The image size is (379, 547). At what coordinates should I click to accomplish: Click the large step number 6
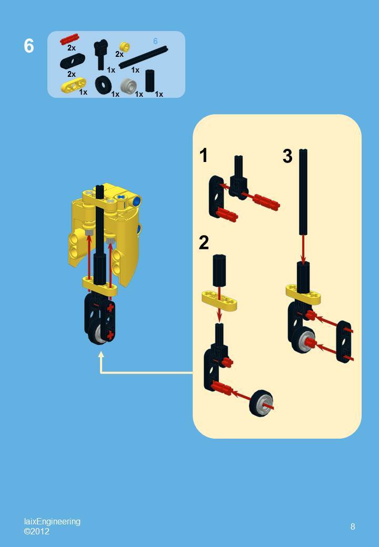click(29, 46)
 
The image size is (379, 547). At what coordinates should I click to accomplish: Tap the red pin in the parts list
click(69, 39)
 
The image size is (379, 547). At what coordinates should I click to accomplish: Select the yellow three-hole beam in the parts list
click(73, 85)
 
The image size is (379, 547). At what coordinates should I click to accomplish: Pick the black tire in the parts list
click(103, 85)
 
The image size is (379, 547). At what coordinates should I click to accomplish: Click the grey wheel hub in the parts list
click(128, 85)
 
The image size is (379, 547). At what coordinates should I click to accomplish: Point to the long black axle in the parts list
click(143, 57)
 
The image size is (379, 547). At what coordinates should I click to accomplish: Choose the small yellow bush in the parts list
click(125, 47)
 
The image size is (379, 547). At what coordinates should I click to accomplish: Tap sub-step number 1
click(204, 156)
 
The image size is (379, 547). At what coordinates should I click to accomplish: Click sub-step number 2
click(204, 242)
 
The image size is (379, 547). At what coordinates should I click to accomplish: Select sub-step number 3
click(287, 156)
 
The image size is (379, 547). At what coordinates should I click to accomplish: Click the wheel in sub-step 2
click(261, 403)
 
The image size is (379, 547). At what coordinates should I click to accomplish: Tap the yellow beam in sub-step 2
click(219, 300)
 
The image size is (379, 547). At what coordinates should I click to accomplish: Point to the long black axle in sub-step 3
click(303, 192)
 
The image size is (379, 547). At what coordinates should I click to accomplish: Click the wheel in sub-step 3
click(303, 340)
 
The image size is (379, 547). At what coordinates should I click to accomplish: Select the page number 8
click(353, 526)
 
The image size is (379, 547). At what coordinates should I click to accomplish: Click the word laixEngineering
click(52, 521)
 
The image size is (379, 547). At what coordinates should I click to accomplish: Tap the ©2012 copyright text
click(36, 531)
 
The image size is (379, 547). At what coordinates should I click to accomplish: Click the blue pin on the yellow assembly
click(137, 201)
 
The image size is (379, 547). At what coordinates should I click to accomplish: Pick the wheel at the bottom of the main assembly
click(98, 332)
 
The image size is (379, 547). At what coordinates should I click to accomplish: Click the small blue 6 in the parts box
click(155, 41)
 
